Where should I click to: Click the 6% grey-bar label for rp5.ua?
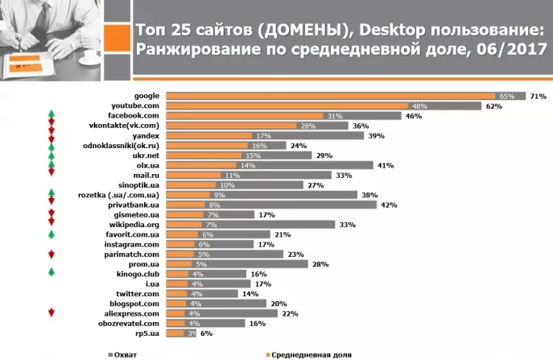click(x=205, y=333)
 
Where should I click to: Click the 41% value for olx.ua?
click(x=386, y=165)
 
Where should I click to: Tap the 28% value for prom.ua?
click(x=320, y=264)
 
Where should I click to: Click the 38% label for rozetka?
click(x=370, y=195)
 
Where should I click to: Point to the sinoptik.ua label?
click(x=142, y=185)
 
